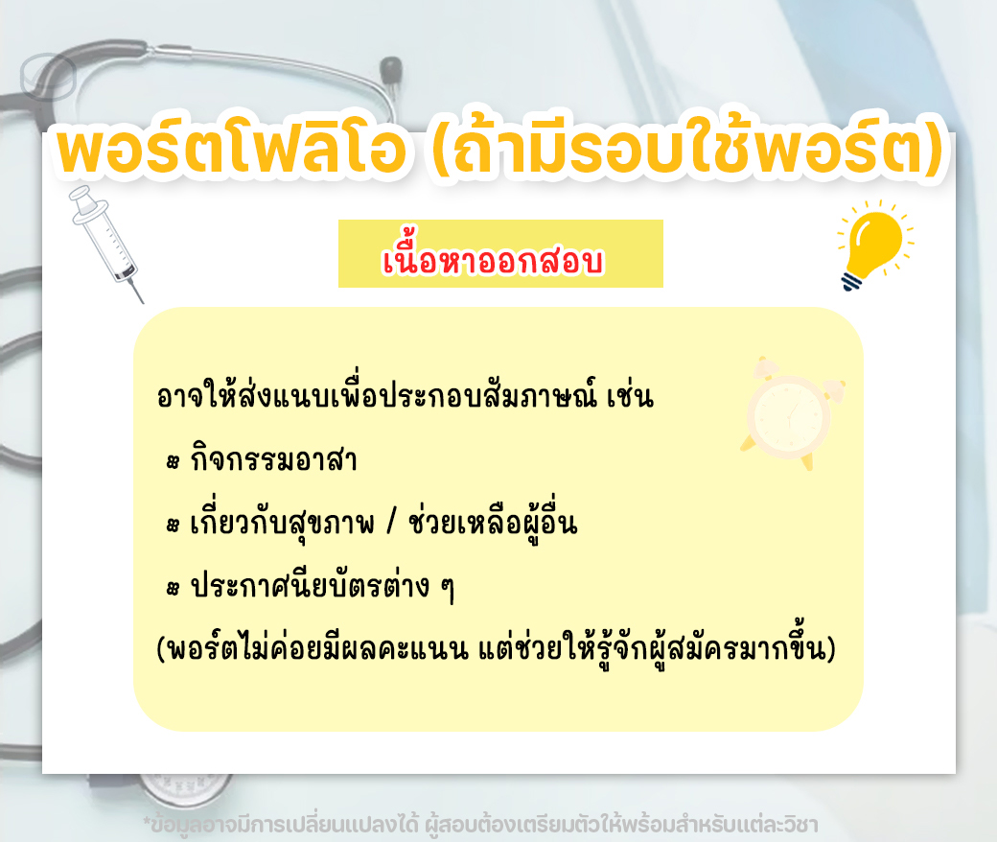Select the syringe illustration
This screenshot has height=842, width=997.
106,243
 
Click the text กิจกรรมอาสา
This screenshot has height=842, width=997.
273,459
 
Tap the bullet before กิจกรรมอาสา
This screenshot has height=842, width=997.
173,462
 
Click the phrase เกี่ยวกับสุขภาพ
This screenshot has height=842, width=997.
282,523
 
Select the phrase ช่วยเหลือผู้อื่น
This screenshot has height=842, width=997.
493,523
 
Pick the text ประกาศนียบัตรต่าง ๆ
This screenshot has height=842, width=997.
322,585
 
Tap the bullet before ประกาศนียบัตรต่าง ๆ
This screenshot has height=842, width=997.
173,588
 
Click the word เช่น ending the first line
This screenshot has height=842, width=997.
630,395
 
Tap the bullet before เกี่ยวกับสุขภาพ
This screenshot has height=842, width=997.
173,526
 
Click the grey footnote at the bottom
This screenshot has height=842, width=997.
480,825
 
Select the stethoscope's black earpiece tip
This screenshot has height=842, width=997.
391,69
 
